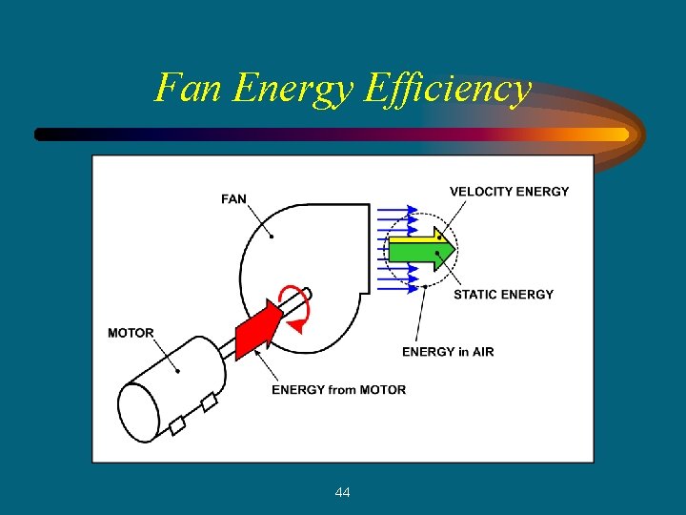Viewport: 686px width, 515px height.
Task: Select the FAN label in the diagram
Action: click(x=233, y=199)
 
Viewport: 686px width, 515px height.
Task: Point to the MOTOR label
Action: click(x=131, y=333)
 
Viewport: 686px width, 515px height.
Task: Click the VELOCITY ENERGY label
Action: click(x=509, y=192)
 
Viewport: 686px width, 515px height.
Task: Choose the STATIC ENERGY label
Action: click(x=503, y=295)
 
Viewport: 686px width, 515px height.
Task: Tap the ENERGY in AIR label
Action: click(x=448, y=352)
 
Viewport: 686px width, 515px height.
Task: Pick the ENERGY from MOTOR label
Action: click(x=338, y=389)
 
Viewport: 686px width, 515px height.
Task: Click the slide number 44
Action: click(x=343, y=492)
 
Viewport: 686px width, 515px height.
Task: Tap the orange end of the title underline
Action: click(x=610, y=134)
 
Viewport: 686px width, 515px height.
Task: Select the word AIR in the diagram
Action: click(x=482, y=352)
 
